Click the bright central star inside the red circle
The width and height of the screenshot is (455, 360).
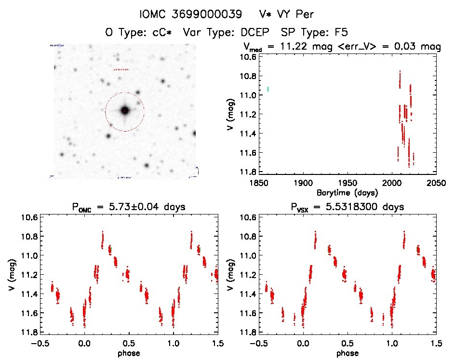[125, 110]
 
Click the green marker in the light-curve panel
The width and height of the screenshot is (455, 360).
[268, 89]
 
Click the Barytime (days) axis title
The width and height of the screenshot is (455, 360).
[347, 192]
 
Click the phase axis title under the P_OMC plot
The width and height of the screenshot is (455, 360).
[129, 353]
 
